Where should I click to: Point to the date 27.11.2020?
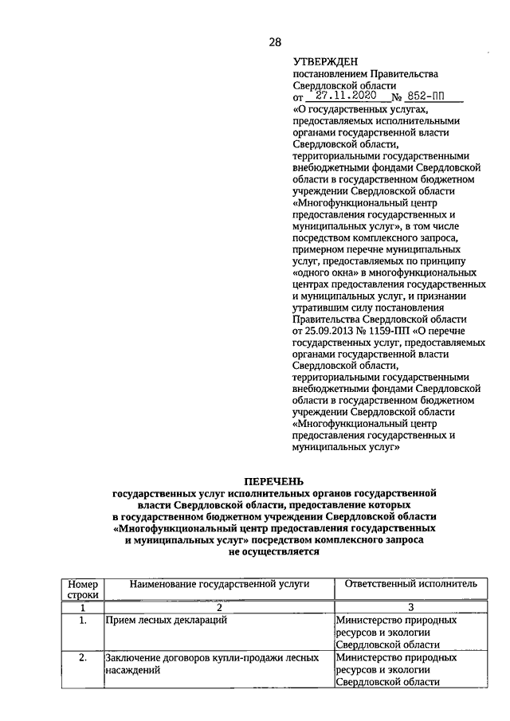coord(347,95)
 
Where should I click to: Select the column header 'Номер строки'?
coord(82,590)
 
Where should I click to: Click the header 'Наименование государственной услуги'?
coord(208,584)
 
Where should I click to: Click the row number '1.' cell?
coord(82,620)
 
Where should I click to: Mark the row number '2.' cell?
coord(82,658)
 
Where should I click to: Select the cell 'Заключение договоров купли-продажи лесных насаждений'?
coord(211,664)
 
